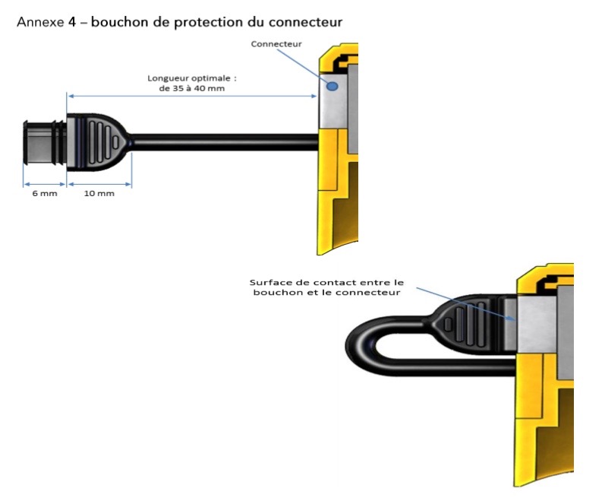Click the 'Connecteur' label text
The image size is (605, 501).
coord(276,44)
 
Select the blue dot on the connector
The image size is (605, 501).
coord(332,87)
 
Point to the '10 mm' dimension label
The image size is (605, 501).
coord(99,194)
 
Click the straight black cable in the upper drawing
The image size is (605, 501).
coord(228,141)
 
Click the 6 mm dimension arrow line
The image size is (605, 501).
coord(45,182)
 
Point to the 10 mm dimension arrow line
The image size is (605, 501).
coord(99,182)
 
